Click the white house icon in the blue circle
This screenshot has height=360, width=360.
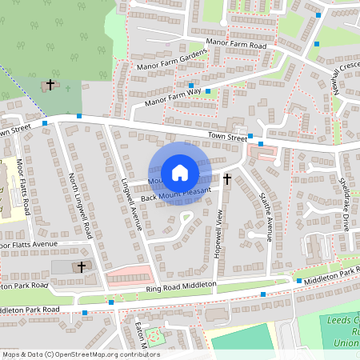point(180,172)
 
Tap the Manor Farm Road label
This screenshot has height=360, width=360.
point(236,44)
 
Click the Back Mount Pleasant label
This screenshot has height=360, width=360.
point(175,194)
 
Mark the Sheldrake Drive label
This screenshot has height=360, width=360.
point(345,204)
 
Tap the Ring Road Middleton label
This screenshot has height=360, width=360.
point(182,286)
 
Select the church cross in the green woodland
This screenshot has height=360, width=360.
point(50,84)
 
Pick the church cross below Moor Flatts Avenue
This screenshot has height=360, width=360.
point(81,266)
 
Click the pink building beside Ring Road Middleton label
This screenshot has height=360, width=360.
point(128,277)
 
